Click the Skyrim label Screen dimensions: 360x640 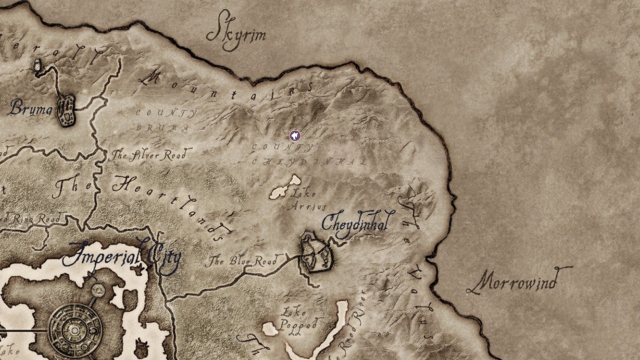(236, 33)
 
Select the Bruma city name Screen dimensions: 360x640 (30, 107)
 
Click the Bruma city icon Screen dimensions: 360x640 (65, 110)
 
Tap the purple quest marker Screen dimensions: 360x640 (295, 135)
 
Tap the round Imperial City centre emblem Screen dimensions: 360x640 (75, 330)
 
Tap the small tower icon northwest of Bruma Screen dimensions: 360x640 (37, 65)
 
